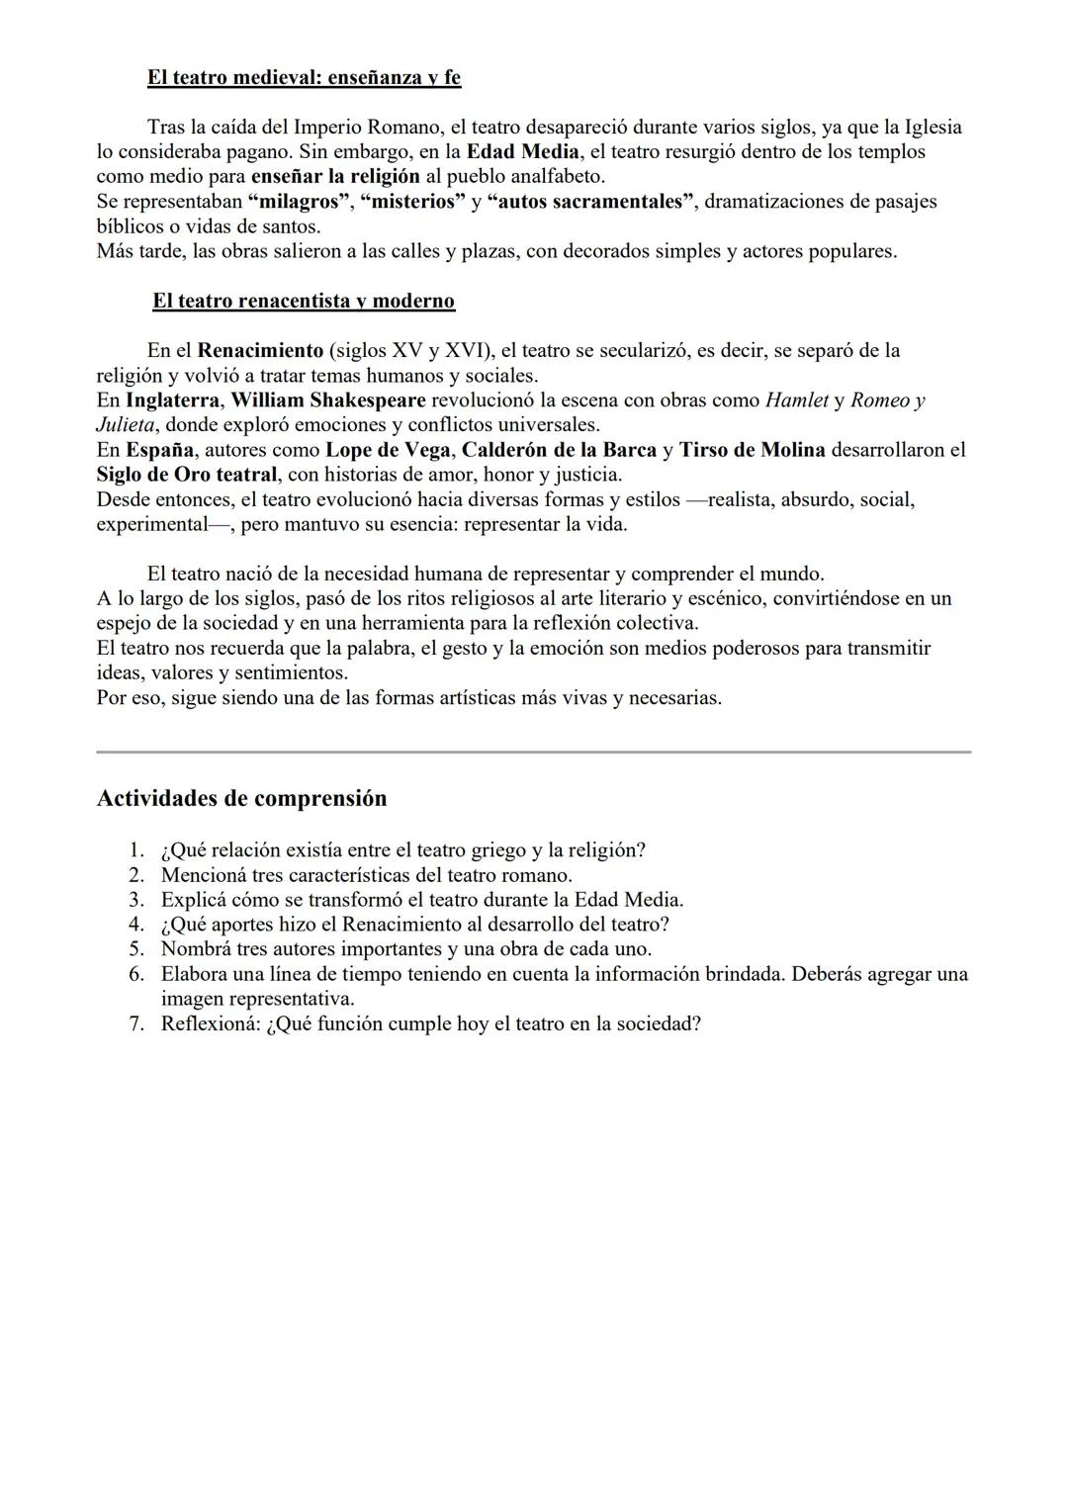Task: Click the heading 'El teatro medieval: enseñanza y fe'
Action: pos(304,77)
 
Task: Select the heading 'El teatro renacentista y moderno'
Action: pos(304,301)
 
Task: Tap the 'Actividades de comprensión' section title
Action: pos(241,798)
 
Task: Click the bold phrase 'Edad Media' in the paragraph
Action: pos(522,152)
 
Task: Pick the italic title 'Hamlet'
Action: pos(797,400)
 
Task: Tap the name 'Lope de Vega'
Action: pos(388,450)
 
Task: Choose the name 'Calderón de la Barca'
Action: pos(560,450)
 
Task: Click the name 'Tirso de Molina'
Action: pos(752,450)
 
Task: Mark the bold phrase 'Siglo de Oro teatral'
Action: pos(186,475)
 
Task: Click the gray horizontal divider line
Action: pos(533,752)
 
